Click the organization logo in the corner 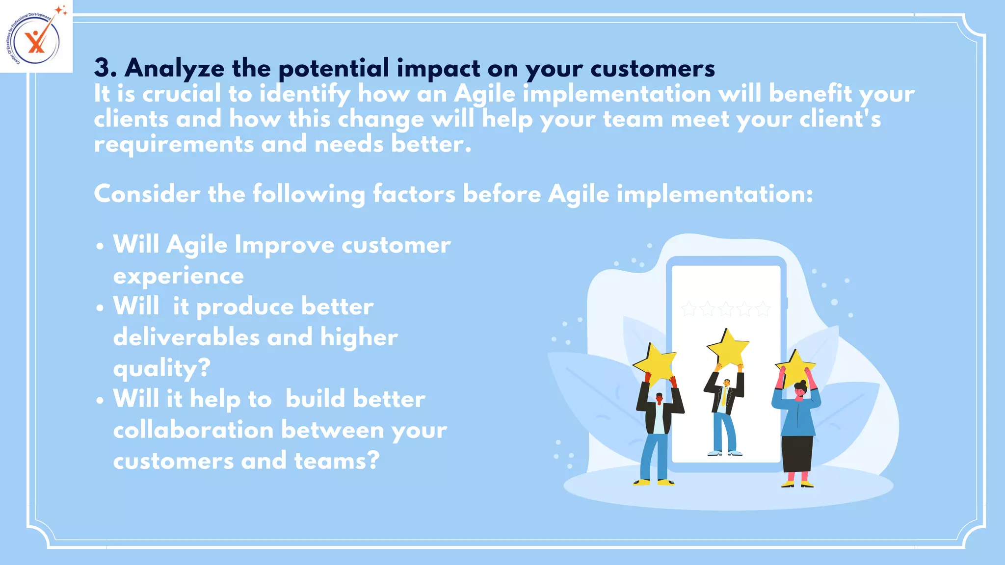click(x=36, y=37)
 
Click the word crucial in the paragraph click(x=182, y=94)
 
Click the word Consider click(x=147, y=194)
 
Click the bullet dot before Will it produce click(x=100, y=308)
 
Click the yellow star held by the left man click(x=655, y=363)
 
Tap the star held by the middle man click(x=728, y=348)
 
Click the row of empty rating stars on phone click(x=726, y=309)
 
